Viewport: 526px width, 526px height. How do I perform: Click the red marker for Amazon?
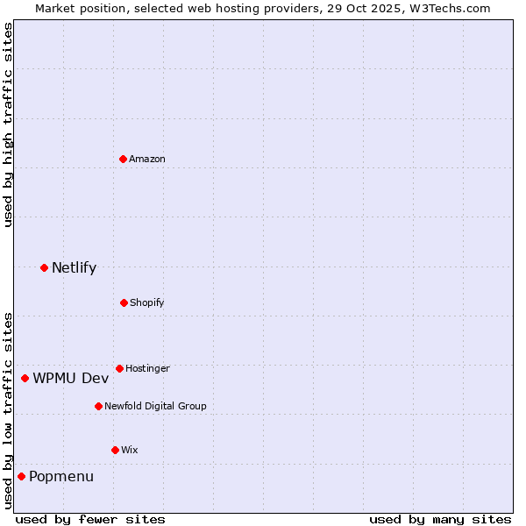click(x=124, y=159)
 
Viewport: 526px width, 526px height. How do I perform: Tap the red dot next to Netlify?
click(x=44, y=267)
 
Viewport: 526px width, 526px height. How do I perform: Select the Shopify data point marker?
click(x=124, y=302)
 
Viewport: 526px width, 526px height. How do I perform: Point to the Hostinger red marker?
click(x=119, y=368)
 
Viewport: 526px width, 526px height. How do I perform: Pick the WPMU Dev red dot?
click(x=25, y=378)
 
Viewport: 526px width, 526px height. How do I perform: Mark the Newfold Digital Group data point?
click(x=98, y=406)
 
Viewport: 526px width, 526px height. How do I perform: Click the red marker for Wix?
click(x=115, y=450)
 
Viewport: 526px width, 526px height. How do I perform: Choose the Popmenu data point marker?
click(x=21, y=476)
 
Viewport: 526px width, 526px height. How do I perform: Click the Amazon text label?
click(x=147, y=159)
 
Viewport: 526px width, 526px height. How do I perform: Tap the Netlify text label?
click(x=74, y=267)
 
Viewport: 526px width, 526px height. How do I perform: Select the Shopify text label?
click(x=147, y=302)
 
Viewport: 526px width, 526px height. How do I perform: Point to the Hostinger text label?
click(x=147, y=368)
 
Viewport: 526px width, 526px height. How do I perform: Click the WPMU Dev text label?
click(x=71, y=378)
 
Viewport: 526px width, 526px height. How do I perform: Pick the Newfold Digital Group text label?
click(x=155, y=406)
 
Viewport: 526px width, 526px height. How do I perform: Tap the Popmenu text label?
click(x=61, y=476)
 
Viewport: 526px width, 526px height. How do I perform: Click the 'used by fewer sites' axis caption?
click(x=90, y=519)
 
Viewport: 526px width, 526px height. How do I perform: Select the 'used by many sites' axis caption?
click(x=440, y=519)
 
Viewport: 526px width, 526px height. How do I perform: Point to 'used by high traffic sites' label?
click(x=8, y=124)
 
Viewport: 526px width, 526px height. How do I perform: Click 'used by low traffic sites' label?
click(x=8, y=409)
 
